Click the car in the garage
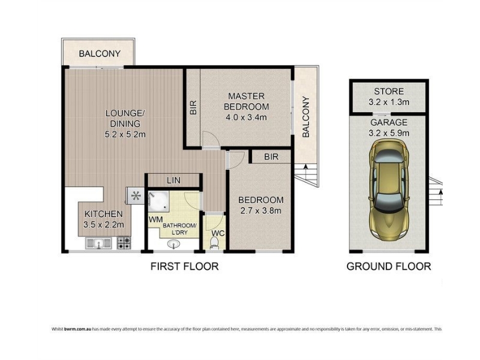click(389, 190)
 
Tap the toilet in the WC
click(214, 244)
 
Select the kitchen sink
click(98, 244)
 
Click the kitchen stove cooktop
click(124, 243)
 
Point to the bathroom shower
click(158, 201)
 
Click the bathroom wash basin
click(174, 244)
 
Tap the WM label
click(155, 220)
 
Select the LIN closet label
click(173, 181)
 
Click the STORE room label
click(389, 91)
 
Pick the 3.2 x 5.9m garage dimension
click(389, 133)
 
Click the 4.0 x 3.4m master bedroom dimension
click(246, 117)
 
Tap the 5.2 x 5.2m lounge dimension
click(125, 134)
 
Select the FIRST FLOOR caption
click(184, 266)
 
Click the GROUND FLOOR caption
click(388, 266)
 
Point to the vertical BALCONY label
click(306, 117)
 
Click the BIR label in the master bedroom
click(193, 107)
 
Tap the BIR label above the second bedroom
click(271, 157)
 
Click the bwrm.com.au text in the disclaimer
click(78, 329)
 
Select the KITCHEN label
click(103, 214)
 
